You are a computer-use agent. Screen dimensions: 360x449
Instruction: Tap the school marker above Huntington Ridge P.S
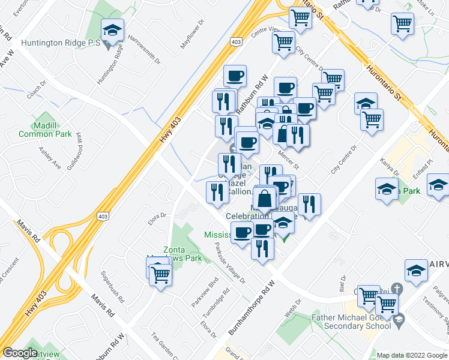(x=112, y=31)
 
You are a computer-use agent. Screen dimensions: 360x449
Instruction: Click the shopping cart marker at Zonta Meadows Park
(x=160, y=274)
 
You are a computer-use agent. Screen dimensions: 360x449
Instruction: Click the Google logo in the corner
(x=20, y=353)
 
